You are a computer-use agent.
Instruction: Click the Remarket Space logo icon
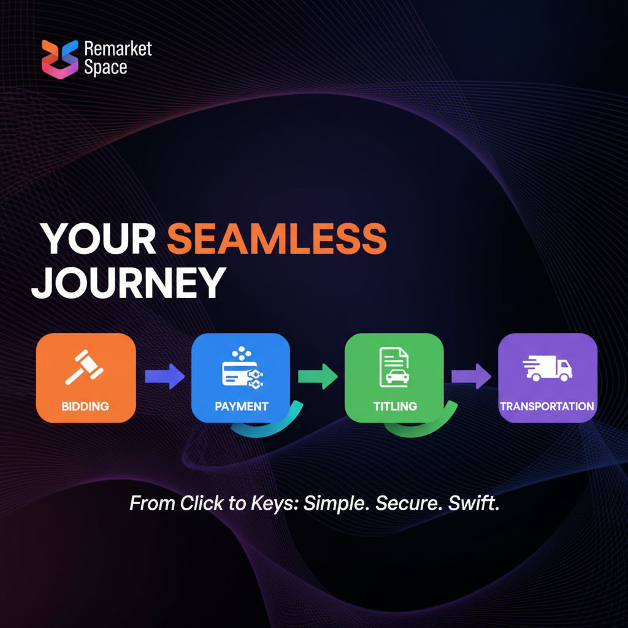[x=60, y=58]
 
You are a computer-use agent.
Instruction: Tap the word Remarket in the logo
[x=118, y=48]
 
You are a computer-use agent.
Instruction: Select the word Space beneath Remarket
[x=105, y=67]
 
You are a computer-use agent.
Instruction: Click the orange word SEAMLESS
[x=277, y=239]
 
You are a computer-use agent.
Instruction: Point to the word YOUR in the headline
[x=98, y=239]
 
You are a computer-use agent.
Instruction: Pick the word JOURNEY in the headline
[x=127, y=283]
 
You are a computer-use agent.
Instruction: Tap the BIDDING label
[x=85, y=406]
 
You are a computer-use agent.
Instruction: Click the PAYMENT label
[x=241, y=406]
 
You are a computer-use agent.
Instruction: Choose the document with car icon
[x=394, y=367]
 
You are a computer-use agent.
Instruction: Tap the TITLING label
[x=395, y=406]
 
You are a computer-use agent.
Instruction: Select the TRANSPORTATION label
[x=547, y=406]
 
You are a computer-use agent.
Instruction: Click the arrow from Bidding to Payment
[x=164, y=375]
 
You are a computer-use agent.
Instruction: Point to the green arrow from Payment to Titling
[x=318, y=375]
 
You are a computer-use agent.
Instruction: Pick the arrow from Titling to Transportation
[x=471, y=375]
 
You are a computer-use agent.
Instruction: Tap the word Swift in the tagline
[x=473, y=504]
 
